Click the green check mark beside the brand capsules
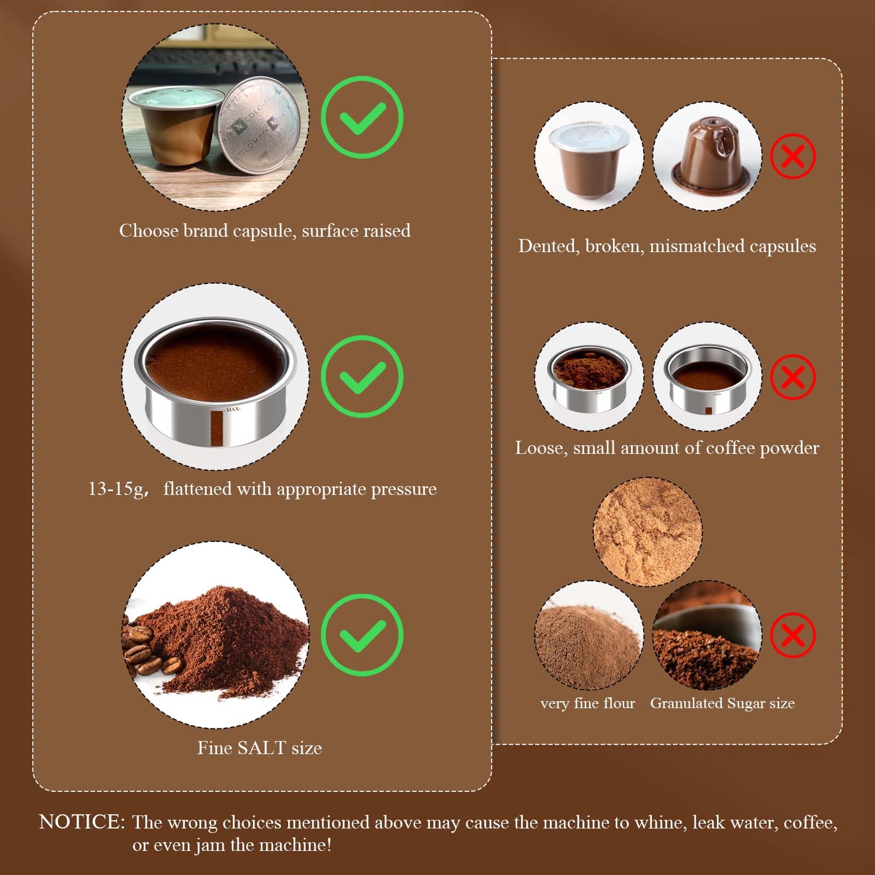click(361, 117)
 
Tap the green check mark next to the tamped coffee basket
click(361, 376)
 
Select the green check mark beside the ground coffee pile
click(361, 634)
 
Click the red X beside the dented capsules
click(793, 156)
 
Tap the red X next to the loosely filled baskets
click(793, 377)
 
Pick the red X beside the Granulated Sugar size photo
click(793, 635)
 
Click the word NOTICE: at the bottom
click(82, 822)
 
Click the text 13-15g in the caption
click(115, 489)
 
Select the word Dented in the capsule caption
click(549, 246)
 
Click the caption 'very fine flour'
click(588, 703)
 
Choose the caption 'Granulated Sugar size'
click(722, 703)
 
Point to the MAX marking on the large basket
click(233, 409)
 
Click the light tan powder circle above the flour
click(647, 532)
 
